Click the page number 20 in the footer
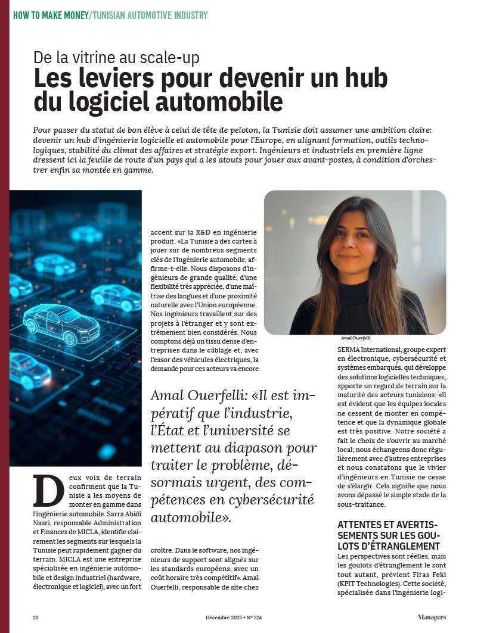[x=36, y=618]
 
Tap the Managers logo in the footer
[x=431, y=618]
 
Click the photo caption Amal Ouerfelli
[x=355, y=338]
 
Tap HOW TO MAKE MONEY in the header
[x=50, y=15]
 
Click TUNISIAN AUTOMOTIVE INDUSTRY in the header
[x=150, y=15]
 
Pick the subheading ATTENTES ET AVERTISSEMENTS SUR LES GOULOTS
[x=389, y=535]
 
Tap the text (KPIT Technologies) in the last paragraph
[x=368, y=576]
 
